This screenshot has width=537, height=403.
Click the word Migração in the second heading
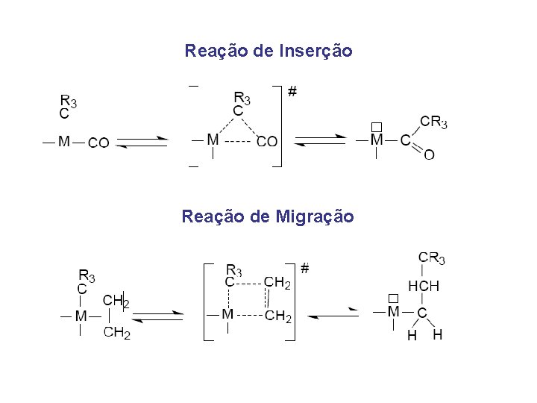click(314, 216)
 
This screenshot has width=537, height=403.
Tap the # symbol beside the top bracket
click(292, 92)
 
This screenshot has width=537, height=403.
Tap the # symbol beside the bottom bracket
click(305, 266)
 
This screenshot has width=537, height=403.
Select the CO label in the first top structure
click(98, 143)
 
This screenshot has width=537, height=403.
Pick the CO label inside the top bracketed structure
click(266, 141)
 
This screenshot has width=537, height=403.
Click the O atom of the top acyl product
click(429, 154)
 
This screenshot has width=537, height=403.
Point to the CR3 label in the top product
click(433, 122)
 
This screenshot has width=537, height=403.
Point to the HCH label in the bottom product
click(423, 286)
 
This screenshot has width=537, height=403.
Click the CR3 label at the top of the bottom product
click(432, 258)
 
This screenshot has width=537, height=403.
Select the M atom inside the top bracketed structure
click(213, 140)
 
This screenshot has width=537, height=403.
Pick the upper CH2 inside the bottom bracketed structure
click(277, 283)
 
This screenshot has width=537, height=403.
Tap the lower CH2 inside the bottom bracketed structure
click(277, 317)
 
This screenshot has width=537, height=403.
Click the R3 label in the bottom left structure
click(87, 275)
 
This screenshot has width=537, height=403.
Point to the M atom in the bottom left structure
click(81, 316)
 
